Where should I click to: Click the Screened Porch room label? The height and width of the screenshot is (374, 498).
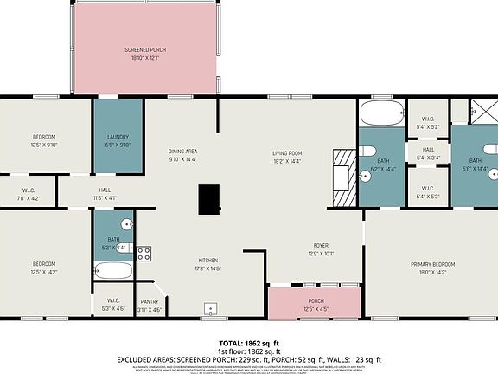click(145, 50)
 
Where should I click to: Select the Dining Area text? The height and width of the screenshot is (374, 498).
click(182, 152)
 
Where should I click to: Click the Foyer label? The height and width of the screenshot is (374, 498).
click(320, 246)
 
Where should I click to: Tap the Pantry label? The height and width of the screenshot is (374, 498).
click(150, 301)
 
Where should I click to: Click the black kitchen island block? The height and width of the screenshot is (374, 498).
click(208, 200)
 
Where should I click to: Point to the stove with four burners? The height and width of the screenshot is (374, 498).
click(144, 255)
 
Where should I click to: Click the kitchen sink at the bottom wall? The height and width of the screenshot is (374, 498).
click(209, 308)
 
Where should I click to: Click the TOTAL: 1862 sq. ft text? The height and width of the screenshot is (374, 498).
click(248, 344)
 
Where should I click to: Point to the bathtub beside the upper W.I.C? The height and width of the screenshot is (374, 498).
click(380, 112)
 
